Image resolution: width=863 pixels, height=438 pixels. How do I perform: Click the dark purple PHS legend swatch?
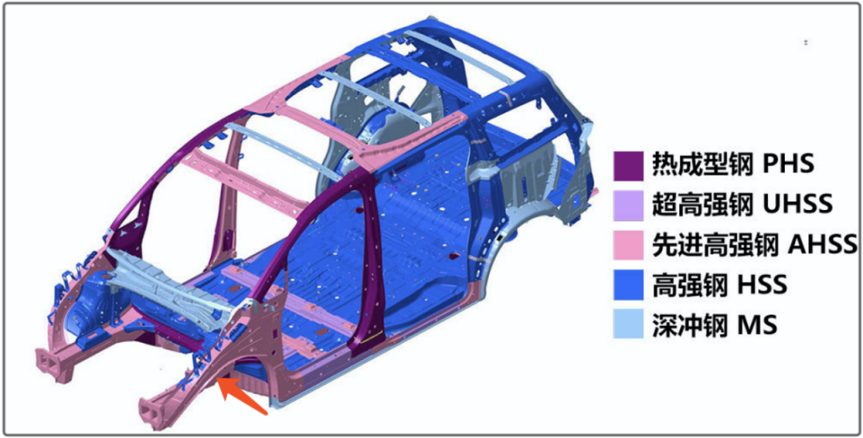pyautogui.click(x=628, y=165)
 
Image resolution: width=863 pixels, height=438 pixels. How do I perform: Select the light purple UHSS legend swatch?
pyautogui.click(x=628, y=205)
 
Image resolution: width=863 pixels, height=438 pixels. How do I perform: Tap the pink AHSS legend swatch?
pyautogui.click(x=628, y=245)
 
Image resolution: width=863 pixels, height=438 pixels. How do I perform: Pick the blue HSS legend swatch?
pyautogui.click(x=628, y=285)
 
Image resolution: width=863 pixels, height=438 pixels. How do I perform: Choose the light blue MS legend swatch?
pyautogui.click(x=628, y=324)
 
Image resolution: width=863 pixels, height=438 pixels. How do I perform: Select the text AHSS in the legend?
pyautogui.click(x=821, y=245)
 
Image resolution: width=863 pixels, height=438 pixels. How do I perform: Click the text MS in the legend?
pyautogui.click(x=757, y=324)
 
